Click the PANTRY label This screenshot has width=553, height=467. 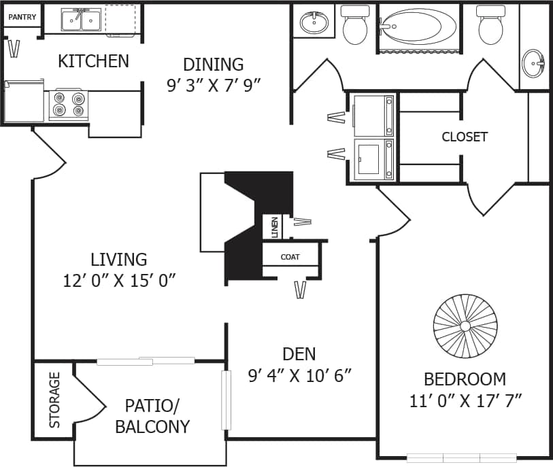pyautogui.click(x=22, y=17)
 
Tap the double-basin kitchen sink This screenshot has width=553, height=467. pyautogui.click(x=81, y=20)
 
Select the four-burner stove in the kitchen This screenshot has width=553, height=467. pyautogui.click(x=69, y=105)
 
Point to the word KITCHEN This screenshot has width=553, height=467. pyautogui.click(x=93, y=61)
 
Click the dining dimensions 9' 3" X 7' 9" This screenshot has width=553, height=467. pyautogui.click(x=214, y=85)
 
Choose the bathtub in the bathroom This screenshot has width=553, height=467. pyautogui.click(x=418, y=27)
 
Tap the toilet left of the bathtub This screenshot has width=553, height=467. pyautogui.click(x=355, y=25)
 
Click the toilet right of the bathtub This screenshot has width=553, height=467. pyautogui.click(x=490, y=25)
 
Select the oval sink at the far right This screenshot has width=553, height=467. pyautogui.click(x=534, y=64)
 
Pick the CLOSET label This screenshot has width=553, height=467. pyautogui.click(x=465, y=137)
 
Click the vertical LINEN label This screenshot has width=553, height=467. pyautogui.click(x=274, y=226)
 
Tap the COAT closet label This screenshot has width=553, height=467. pyautogui.click(x=290, y=258)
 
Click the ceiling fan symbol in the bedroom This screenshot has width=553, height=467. pyautogui.click(x=465, y=326)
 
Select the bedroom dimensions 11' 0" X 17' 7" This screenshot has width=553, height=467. pyautogui.click(x=465, y=400)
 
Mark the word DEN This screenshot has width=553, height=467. pyautogui.click(x=299, y=353)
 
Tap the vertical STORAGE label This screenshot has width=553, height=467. pyautogui.click(x=54, y=400)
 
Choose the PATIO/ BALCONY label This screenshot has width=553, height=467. pyautogui.click(x=152, y=416)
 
